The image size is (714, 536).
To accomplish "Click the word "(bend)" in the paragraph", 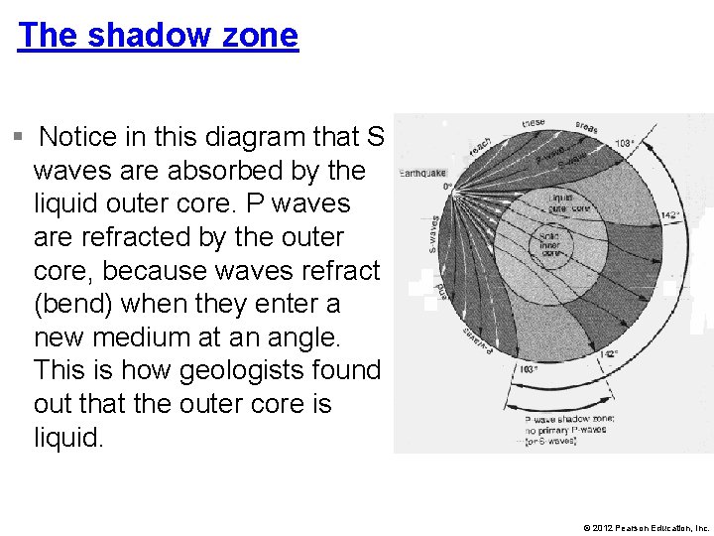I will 82,304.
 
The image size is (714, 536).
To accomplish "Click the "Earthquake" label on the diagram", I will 422,173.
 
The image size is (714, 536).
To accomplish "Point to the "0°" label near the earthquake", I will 446,186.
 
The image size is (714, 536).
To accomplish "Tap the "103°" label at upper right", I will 625,144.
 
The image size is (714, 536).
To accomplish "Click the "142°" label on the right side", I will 669,214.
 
